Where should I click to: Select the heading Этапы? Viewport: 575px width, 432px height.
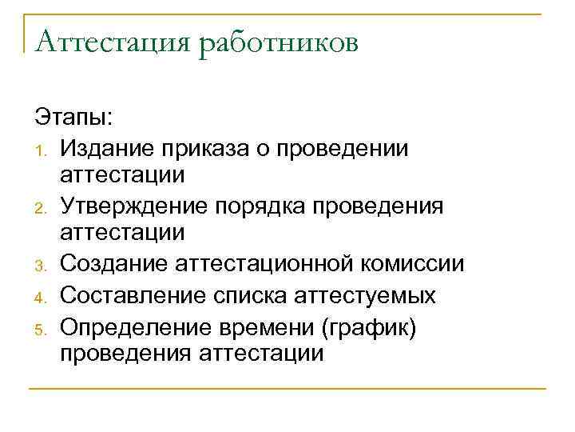[x=74, y=118]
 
